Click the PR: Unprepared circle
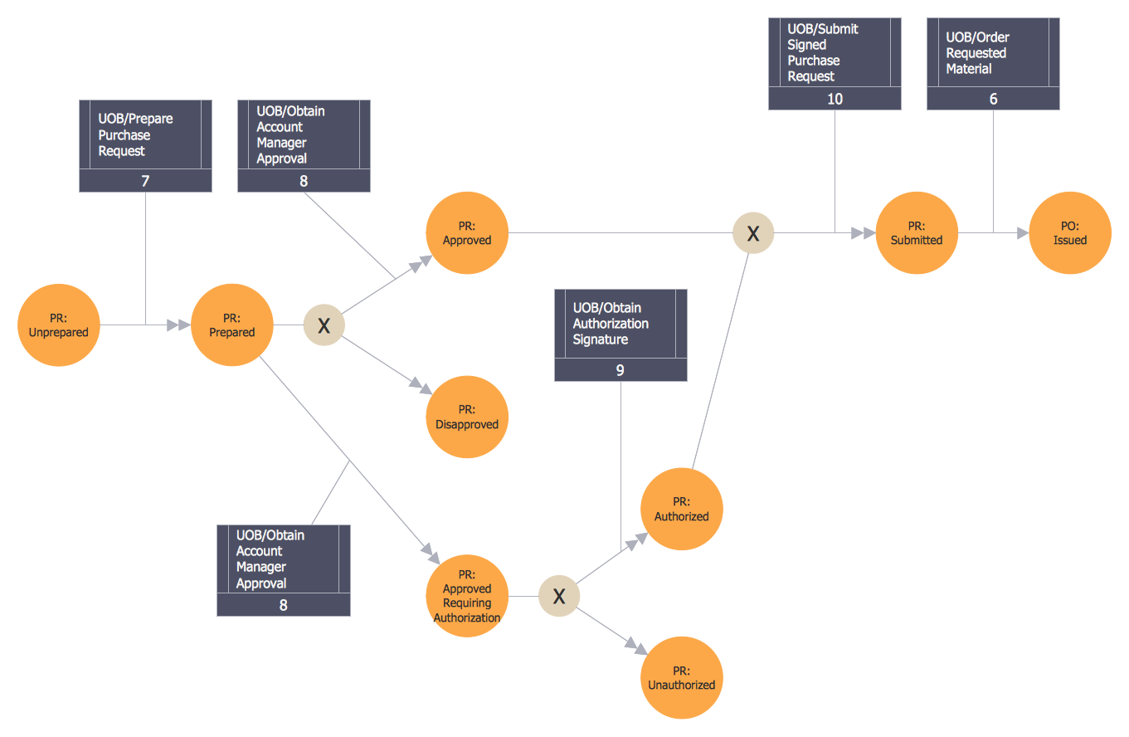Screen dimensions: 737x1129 58,325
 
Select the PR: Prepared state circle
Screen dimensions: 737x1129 232,325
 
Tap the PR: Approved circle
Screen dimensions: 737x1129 467,233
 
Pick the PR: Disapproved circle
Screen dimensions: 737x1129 467,417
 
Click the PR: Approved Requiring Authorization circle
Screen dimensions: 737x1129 467,596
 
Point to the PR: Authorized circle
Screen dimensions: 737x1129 682,509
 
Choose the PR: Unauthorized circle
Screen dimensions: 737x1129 682,677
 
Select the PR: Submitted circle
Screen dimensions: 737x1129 917,233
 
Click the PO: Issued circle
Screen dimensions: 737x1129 1070,233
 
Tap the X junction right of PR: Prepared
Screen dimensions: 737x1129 324,325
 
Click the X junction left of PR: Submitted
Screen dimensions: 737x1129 753,233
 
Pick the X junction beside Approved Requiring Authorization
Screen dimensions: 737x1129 559,596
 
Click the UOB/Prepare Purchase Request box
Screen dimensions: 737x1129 145,135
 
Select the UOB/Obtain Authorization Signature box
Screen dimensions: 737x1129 620,324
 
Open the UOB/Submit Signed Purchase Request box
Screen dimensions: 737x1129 835,53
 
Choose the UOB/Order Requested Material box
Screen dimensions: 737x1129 993,53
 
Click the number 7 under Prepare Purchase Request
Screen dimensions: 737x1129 145,181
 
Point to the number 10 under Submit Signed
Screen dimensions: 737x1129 835,99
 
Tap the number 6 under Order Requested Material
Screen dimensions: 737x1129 993,99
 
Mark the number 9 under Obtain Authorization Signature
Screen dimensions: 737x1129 620,370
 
